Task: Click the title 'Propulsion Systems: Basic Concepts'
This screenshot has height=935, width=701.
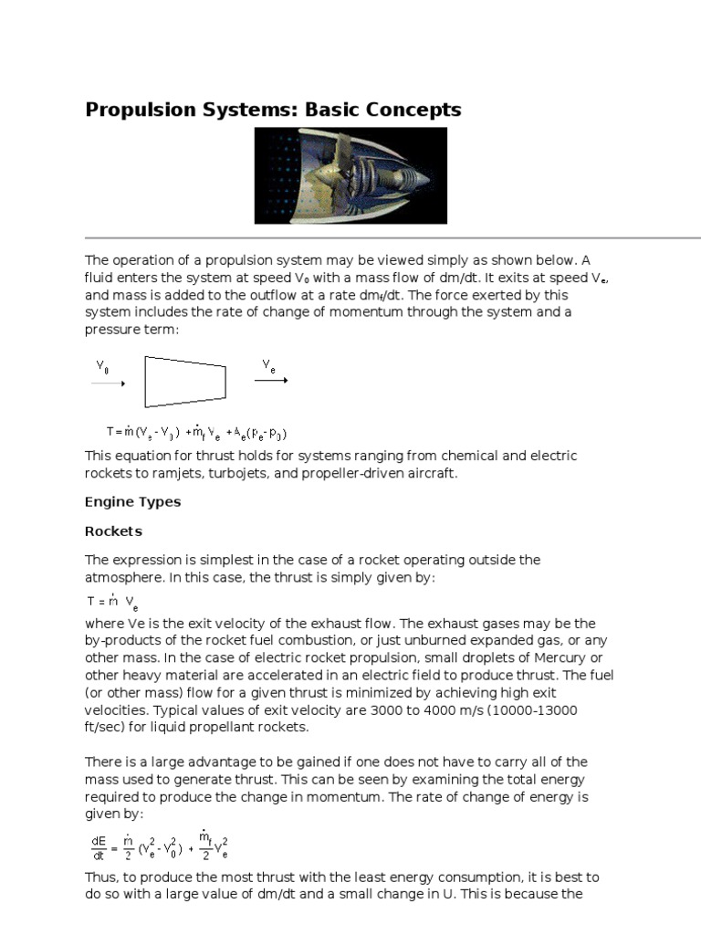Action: (273, 110)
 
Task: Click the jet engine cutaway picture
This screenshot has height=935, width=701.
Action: (350, 175)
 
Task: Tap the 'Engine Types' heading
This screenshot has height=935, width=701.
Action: (132, 501)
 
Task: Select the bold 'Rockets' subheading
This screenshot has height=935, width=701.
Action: (113, 531)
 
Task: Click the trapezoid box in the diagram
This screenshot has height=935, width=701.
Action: (185, 381)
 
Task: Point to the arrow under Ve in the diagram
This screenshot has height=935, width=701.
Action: (271, 380)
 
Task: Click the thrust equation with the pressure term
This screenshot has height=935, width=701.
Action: (203, 433)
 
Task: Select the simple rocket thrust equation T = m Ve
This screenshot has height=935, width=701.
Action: (112, 603)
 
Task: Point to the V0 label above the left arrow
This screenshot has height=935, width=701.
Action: (103, 365)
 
